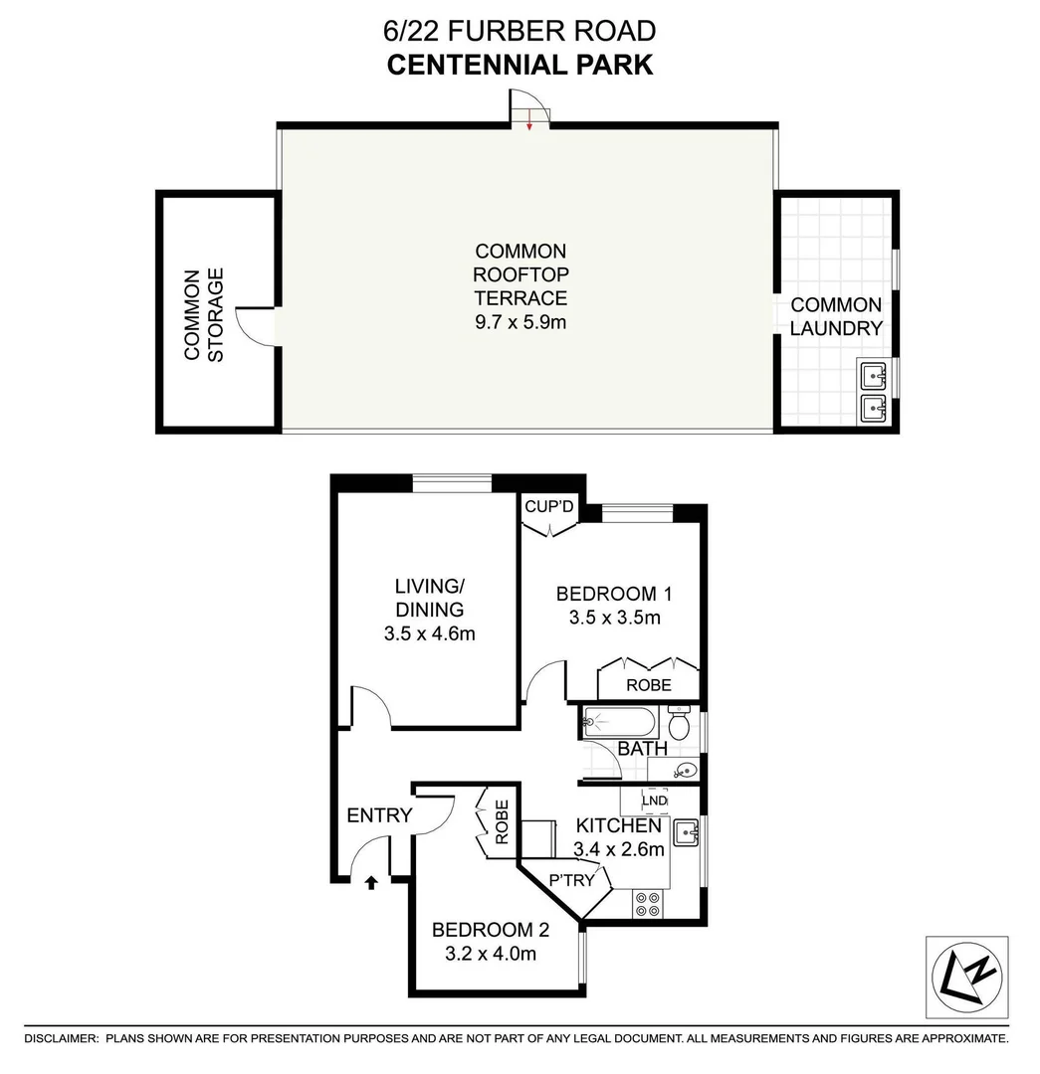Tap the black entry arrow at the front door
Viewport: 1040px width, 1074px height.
coord(371,881)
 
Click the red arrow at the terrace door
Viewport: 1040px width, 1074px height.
coord(531,124)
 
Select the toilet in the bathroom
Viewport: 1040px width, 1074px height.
coord(680,723)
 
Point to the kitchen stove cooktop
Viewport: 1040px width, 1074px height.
coord(648,903)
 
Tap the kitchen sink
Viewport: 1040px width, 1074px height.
coord(687,832)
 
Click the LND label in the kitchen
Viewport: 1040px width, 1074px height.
coord(654,801)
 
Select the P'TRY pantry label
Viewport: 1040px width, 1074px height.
coord(572,880)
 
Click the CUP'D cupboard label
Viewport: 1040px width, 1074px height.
coord(549,508)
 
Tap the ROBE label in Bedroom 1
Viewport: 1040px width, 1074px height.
coord(648,685)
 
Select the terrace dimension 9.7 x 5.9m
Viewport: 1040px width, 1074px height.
coord(520,321)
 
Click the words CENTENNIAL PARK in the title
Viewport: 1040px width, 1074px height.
coord(520,65)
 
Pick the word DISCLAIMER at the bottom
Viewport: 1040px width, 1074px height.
coord(61,1038)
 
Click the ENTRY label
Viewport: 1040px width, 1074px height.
coord(379,815)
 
